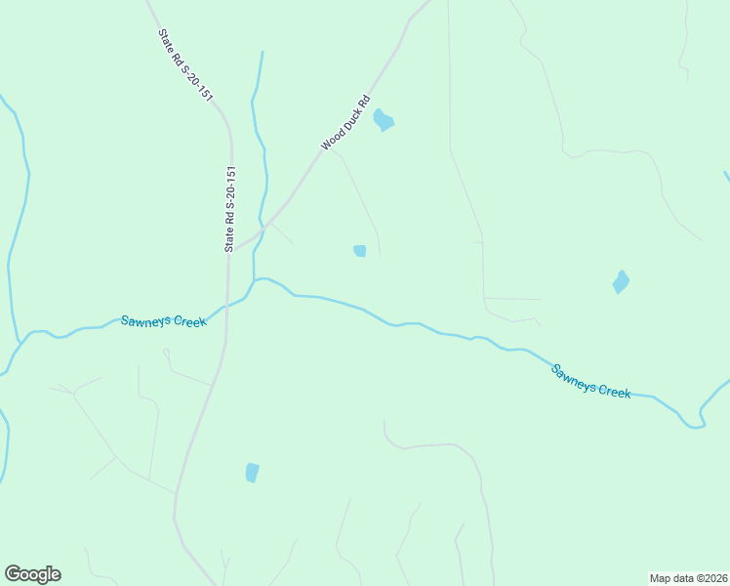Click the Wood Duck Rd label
tap(346, 122)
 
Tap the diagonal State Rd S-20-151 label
tap(184, 63)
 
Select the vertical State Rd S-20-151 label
tap(231, 210)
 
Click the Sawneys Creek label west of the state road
tap(164, 321)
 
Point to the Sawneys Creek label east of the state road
tap(591, 381)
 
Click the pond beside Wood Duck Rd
tap(384, 120)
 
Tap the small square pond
tap(359, 251)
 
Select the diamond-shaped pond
tap(621, 282)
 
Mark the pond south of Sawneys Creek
tap(253, 473)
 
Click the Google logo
tap(33, 574)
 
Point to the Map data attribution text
tap(688, 577)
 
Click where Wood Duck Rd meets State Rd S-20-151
tap(234, 247)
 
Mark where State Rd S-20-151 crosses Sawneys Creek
tap(228, 304)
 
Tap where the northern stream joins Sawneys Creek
tap(256, 279)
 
